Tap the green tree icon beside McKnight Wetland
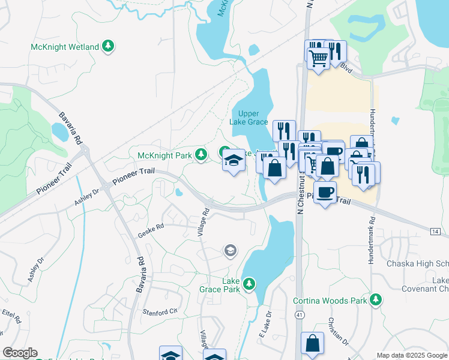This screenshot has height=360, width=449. point(108,46)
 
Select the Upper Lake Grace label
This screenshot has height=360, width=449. point(248,118)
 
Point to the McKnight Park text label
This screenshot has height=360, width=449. point(164,155)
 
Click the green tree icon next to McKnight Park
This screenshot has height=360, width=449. point(200,155)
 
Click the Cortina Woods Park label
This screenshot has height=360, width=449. point(330,300)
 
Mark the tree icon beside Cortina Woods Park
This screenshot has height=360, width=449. point(376,299)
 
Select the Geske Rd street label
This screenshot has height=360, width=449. point(151,227)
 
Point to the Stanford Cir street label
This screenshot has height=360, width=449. point(160,311)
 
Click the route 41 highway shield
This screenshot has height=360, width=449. point(298,315)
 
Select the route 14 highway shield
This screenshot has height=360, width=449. point(435,231)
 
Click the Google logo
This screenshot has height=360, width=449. point(20,353)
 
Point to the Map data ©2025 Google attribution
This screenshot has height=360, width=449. point(412,355)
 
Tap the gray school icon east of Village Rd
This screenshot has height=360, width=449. point(230,250)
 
